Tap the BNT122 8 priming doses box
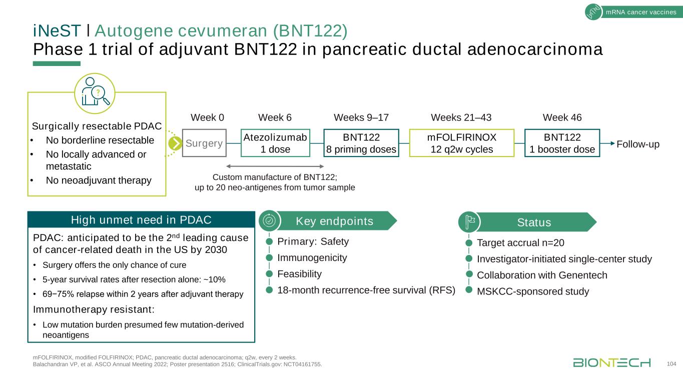click(x=361, y=143)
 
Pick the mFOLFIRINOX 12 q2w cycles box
click(x=461, y=143)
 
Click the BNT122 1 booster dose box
click(x=562, y=143)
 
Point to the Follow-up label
click(x=638, y=144)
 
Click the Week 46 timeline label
click(x=562, y=118)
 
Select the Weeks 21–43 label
click(x=461, y=118)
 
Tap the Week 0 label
click(x=208, y=118)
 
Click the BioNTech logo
click(x=612, y=362)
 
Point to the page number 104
click(x=671, y=364)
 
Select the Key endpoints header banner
click(x=335, y=221)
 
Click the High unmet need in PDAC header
click(x=141, y=219)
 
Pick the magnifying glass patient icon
click(x=95, y=93)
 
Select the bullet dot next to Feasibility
click(x=269, y=274)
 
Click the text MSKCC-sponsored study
click(x=533, y=291)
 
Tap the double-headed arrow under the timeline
click(x=275, y=166)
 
